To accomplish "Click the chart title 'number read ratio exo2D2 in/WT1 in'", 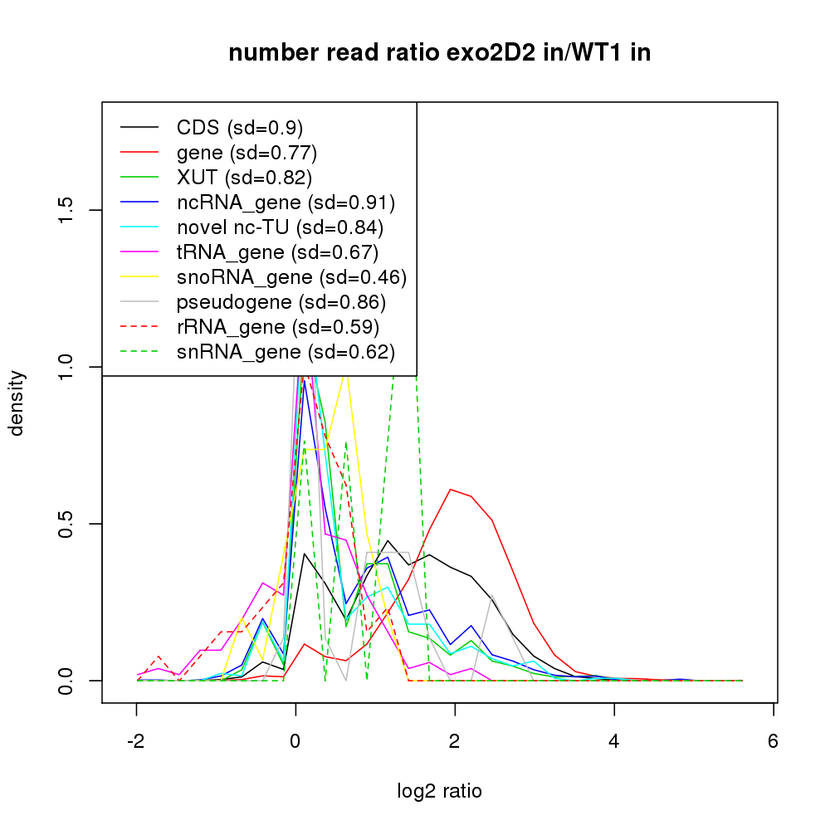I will tap(440, 53).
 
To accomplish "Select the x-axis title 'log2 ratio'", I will tap(440, 791).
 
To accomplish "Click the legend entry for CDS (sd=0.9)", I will tap(239, 128).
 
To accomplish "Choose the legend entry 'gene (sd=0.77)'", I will tap(247, 153).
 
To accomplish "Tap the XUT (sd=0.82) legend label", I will tap(244, 178).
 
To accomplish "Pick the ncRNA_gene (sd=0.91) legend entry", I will tap(286, 203).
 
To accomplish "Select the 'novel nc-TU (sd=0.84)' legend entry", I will tap(280, 227).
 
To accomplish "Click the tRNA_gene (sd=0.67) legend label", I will tap(277, 252).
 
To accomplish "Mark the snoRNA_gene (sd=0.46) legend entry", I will tap(291, 277).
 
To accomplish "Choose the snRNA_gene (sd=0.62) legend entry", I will tap(286, 352).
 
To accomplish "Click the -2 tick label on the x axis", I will tap(136, 742).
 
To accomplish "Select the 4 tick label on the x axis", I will tap(614, 742).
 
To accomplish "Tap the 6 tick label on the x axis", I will tap(774, 742).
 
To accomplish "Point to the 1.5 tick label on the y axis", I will tap(67, 210).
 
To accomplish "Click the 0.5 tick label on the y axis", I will tap(67, 524).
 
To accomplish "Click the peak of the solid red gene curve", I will tap(451, 489).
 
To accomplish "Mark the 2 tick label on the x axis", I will tap(455, 742).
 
